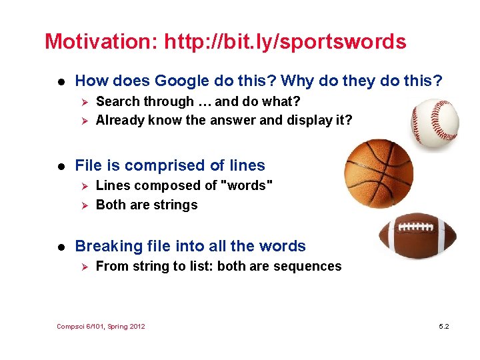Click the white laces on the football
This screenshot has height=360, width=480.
coord(419,226)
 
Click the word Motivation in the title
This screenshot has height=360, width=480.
coord(99,41)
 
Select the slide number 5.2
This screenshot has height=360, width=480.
coord(444,326)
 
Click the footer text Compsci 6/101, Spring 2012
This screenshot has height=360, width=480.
coord(101,326)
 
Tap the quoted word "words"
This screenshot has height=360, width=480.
coord(246,185)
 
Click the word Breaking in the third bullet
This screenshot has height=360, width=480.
coord(107,246)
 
